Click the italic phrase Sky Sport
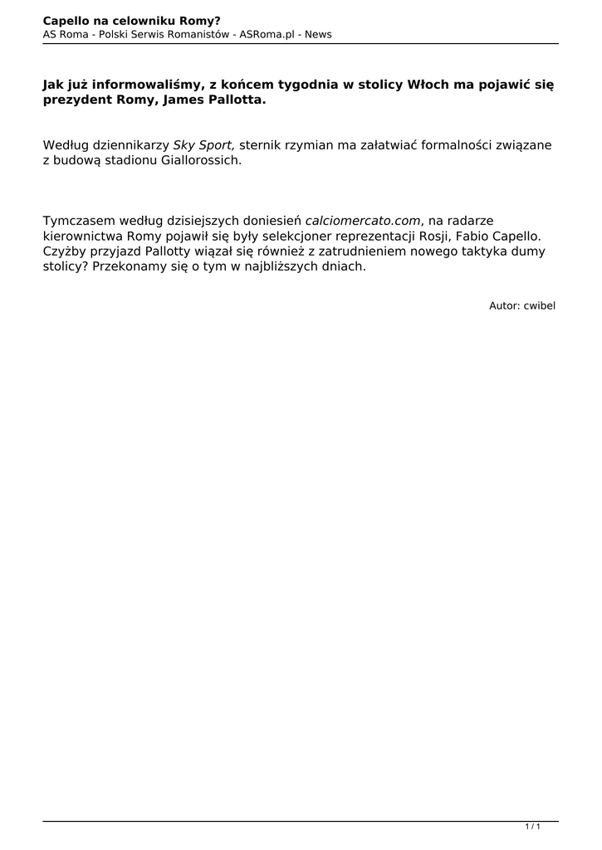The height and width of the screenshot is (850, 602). pyautogui.click(x=204, y=145)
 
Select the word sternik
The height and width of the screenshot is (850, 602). pyautogui.click(x=261, y=145)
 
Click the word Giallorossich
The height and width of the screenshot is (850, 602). pyautogui.click(x=202, y=161)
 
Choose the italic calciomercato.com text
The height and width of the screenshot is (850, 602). pyautogui.click(x=364, y=221)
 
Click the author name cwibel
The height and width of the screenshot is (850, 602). pyautogui.click(x=539, y=305)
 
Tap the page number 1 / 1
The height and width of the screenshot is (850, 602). pyautogui.click(x=533, y=827)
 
